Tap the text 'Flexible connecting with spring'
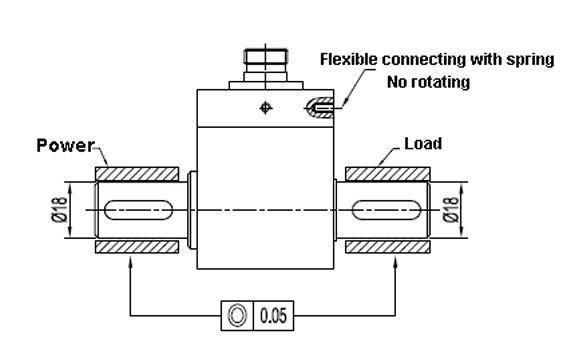[x=436, y=60]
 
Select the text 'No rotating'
[x=428, y=82]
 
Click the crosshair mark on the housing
[x=264, y=108]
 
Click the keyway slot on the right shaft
[x=386, y=209]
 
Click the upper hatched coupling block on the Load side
[x=386, y=173]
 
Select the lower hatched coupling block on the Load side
[x=386, y=245]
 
